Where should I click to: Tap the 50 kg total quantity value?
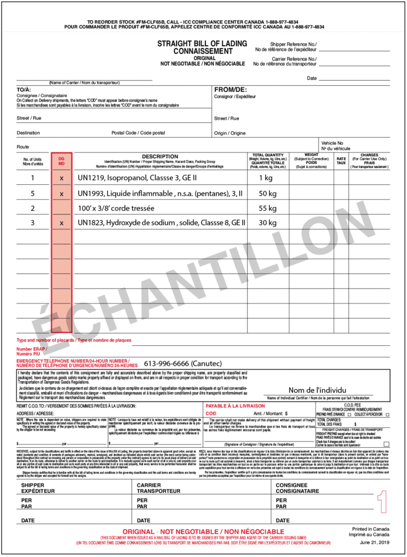267,193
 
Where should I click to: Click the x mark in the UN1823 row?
61,223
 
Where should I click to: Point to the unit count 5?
33,193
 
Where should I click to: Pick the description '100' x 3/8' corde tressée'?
116,208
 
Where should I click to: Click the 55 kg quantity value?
267,208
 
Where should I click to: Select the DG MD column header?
61,161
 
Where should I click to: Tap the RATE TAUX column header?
341,160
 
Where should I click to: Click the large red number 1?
382,506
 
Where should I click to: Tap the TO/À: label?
24,89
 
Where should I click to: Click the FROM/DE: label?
230,89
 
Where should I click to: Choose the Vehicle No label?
332,143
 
